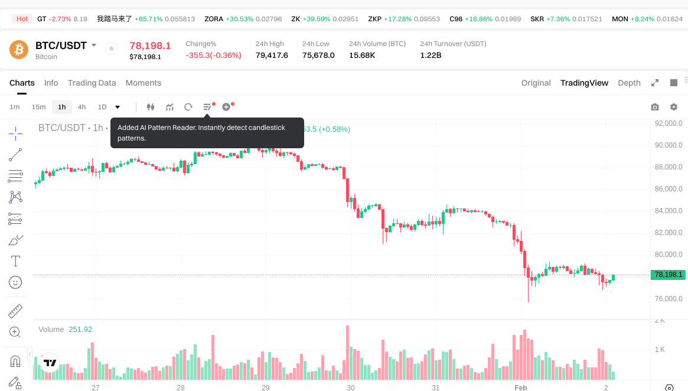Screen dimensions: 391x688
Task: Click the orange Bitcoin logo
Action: (19, 50)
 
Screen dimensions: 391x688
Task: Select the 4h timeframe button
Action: (81, 107)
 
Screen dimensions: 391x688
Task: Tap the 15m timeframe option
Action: (38, 107)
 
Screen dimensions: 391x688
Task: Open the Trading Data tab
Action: (92, 83)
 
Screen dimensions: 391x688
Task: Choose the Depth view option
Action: (629, 83)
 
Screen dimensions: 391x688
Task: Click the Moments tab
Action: (144, 83)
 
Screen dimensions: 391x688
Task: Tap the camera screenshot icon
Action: (654, 107)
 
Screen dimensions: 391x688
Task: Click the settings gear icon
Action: (674, 107)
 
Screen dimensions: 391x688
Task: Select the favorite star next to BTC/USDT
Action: (112, 49)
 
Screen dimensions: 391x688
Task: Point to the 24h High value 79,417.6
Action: (272, 56)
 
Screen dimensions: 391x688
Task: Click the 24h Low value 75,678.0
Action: (318, 56)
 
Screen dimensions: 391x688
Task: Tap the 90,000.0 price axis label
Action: (669, 145)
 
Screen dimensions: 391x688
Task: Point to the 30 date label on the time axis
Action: (351, 388)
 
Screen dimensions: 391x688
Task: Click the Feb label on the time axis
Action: (520, 388)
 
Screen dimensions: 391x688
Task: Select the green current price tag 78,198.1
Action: (668, 275)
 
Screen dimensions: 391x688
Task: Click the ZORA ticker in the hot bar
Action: (214, 19)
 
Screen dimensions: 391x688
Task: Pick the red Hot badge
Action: (22, 19)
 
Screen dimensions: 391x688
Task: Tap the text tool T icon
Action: (16, 261)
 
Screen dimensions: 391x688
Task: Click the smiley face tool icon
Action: (16, 282)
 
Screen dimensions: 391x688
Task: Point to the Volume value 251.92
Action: (80, 330)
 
